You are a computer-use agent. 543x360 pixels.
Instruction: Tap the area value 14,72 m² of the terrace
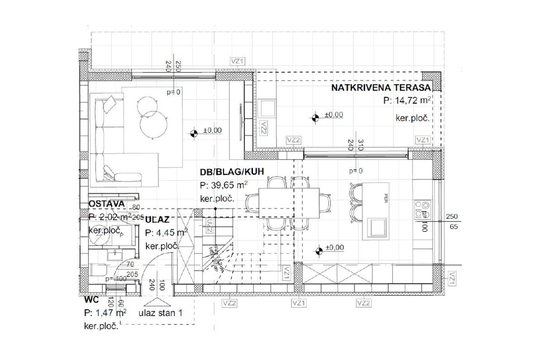pos(406,101)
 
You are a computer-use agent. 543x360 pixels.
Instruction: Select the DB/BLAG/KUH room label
pos(232,172)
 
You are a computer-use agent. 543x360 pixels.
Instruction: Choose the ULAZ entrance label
pos(157,220)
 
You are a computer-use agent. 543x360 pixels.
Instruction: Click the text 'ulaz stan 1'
pos(160,313)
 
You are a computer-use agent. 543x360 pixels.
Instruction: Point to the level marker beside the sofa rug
pos(194,133)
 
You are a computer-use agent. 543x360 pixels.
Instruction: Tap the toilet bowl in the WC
pos(97,271)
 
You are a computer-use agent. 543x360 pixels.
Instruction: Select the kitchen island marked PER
pos(377,211)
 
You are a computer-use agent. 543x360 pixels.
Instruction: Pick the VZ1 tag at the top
pos(237,62)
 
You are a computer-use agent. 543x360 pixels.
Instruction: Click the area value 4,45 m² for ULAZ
pos(167,233)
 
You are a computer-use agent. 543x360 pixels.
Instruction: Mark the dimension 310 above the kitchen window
pos(360,145)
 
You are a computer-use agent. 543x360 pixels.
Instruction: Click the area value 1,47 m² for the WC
pos(105,313)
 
